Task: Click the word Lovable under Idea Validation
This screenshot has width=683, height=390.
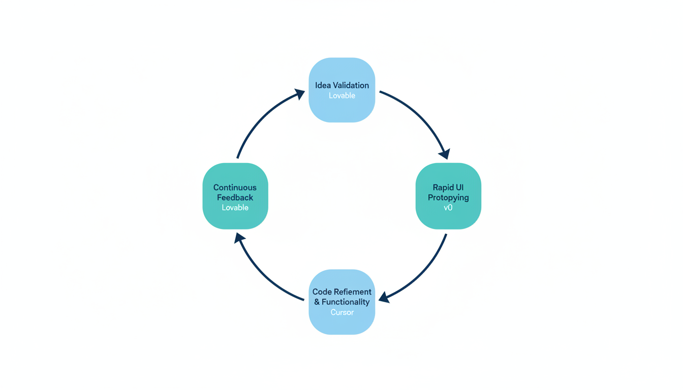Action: (x=341, y=95)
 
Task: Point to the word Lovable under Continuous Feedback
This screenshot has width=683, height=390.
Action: (x=235, y=207)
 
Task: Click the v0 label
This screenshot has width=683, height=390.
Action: (x=448, y=207)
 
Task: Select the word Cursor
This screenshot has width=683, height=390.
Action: (x=341, y=312)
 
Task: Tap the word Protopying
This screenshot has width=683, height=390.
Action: (x=448, y=198)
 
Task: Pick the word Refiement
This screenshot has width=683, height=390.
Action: (x=352, y=292)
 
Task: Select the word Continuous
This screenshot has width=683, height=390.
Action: (x=235, y=187)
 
